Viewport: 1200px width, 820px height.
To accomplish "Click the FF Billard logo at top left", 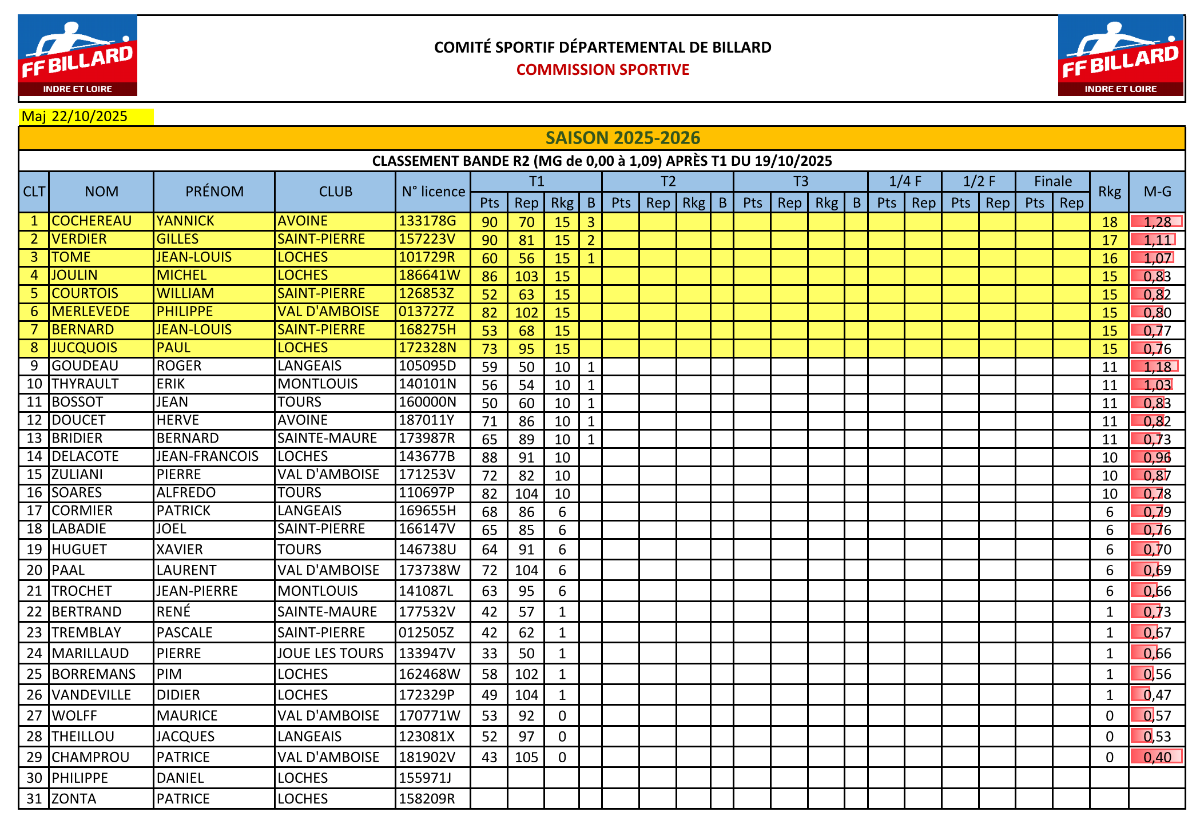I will click(78, 55).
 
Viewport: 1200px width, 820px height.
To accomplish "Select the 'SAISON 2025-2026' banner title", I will click(622, 138).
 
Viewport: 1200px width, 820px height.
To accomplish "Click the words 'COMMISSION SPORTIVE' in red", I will click(602, 70).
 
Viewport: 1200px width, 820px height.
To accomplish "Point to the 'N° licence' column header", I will click(433, 192).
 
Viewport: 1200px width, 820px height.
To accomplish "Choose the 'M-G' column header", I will click(1157, 192).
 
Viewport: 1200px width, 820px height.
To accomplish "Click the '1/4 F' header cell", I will click(905, 181).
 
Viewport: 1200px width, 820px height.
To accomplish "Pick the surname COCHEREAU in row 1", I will click(92, 221).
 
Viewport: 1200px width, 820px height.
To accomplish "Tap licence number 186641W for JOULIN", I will click(429, 275).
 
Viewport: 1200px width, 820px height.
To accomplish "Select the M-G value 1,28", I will click(1157, 222).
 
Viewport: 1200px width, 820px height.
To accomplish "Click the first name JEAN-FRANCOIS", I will click(208, 456).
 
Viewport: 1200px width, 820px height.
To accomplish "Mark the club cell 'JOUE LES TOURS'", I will click(330, 653).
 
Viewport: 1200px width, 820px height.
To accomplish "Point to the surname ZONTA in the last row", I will click(74, 798).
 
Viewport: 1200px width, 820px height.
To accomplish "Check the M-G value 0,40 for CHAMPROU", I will click(1157, 757).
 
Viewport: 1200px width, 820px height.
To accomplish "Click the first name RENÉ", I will click(173, 611).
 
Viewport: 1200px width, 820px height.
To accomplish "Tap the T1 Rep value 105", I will click(526, 757).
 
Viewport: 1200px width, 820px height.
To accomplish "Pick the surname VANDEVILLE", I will click(92, 695).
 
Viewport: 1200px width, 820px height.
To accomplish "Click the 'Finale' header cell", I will click(1052, 181).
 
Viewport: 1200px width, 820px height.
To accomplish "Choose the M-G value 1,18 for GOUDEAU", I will click(1157, 367).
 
